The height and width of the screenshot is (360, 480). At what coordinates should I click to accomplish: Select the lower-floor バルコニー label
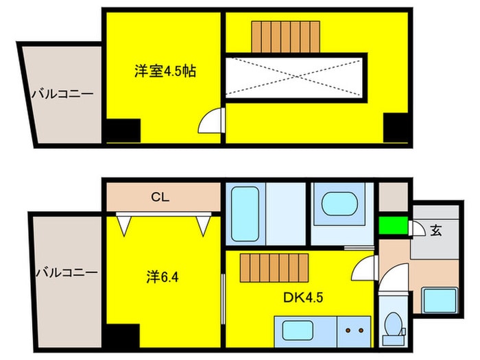pyautogui.click(x=66, y=273)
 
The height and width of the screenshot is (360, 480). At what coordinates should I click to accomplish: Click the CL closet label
pyautogui.click(x=160, y=198)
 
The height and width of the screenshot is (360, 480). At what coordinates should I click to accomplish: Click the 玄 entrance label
pyautogui.click(x=436, y=230)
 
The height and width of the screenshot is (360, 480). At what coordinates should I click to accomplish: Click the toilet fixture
pyautogui.click(x=394, y=327)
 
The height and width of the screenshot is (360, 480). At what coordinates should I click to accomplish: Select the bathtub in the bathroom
pyautogui.click(x=243, y=213)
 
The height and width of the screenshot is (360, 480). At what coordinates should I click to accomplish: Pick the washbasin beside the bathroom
pyautogui.click(x=340, y=204)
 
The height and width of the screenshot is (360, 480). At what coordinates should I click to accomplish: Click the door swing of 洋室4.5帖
pyautogui.click(x=210, y=121)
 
